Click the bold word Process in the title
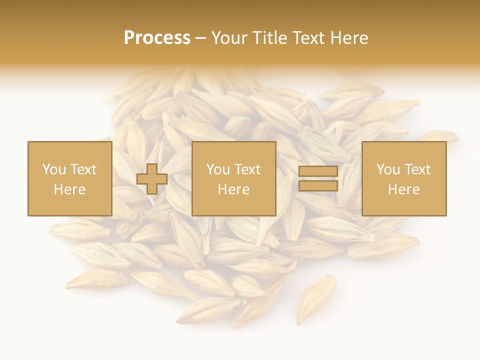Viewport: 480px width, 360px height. [x=157, y=38]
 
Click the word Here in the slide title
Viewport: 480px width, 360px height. [x=349, y=38]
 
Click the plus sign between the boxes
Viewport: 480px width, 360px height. [x=152, y=179]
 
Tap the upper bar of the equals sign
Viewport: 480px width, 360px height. [x=318, y=172]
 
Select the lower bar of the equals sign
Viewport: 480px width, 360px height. [x=318, y=186]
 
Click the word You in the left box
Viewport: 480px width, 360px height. [x=54, y=169]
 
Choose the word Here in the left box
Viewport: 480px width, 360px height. [x=69, y=189]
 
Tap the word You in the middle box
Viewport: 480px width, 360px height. [x=218, y=169]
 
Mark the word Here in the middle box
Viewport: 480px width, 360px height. [x=233, y=189]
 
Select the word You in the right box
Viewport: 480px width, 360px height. [x=388, y=169]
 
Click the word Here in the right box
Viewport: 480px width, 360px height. [x=403, y=189]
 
